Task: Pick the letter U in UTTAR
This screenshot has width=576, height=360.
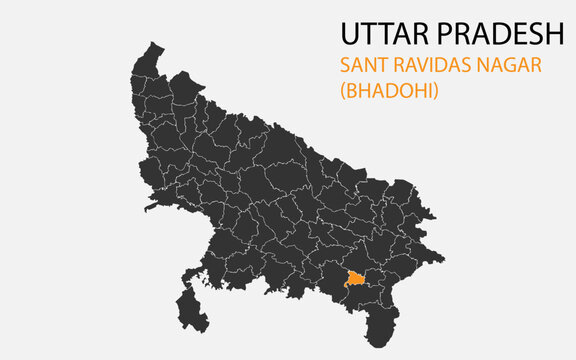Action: coord(349,35)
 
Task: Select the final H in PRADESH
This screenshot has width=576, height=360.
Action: coord(556,35)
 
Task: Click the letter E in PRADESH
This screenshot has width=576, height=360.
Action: coord(515,35)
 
